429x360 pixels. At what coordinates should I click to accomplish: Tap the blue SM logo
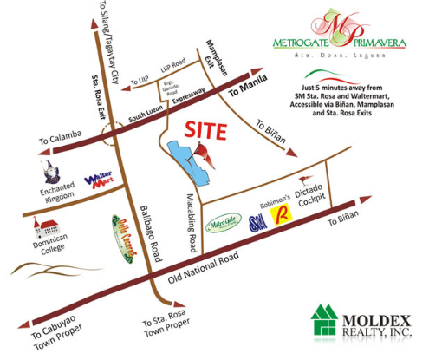click(x=257, y=223)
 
